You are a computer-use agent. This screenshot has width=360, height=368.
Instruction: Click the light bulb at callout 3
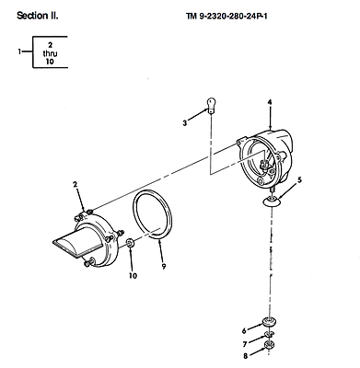click(x=211, y=105)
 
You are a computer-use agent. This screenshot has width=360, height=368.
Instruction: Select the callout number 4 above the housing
click(x=270, y=102)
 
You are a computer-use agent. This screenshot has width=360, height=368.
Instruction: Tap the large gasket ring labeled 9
click(x=153, y=214)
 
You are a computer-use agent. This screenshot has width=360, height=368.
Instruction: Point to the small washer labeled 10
click(x=130, y=244)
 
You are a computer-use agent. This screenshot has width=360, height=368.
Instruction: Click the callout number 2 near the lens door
click(x=75, y=184)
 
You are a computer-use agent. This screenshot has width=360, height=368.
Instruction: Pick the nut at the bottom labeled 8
click(x=270, y=345)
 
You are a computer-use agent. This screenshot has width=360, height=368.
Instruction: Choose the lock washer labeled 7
click(x=269, y=334)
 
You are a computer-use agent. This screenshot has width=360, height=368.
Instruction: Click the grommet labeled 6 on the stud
click(x=269, y=322)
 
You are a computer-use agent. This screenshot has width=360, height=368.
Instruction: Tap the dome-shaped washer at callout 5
click(x=272, y=201)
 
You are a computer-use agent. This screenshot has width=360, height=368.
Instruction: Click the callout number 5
click(x=299, y=180)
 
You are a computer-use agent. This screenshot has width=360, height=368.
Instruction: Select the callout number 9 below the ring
click(x=164, y=267)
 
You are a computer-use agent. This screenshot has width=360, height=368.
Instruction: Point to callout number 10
click(x=133, y=276)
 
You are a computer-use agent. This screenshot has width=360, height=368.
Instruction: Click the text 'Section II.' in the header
click(x=38, y=16)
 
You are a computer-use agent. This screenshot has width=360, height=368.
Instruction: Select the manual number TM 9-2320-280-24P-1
click(x=226, y=16)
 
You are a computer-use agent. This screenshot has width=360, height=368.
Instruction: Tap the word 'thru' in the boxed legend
click(x=50, y=53)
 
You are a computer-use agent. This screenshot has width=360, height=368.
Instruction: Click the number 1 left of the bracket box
click(x=19, y=52)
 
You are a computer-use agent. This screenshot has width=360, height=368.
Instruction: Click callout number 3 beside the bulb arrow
click(x=184, y=123)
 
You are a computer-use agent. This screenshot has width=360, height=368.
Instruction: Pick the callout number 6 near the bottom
click(x=244, y=330)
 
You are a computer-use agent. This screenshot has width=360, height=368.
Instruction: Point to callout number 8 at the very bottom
click(x=245, y=356)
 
